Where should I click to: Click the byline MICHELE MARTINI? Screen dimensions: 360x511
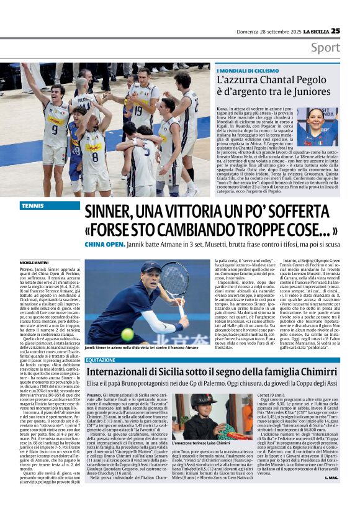click(36, 263)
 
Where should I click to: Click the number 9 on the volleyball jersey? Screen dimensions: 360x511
click(55, 130)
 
